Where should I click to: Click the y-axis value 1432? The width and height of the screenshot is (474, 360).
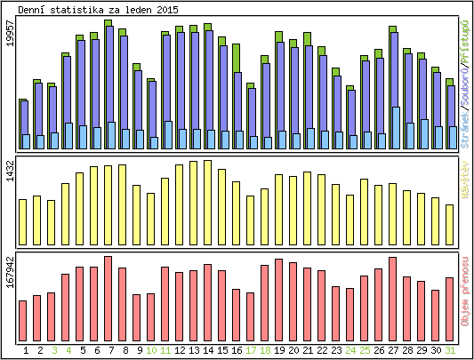point(10,172)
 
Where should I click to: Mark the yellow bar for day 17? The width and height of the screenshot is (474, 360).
point(250,220)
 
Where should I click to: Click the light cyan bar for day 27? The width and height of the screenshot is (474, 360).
point(395,128)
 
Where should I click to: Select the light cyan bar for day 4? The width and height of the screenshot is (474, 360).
point(68,136)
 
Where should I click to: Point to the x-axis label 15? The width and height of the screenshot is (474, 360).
point(222,350)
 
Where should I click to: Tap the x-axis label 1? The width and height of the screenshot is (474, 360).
point(25,350)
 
